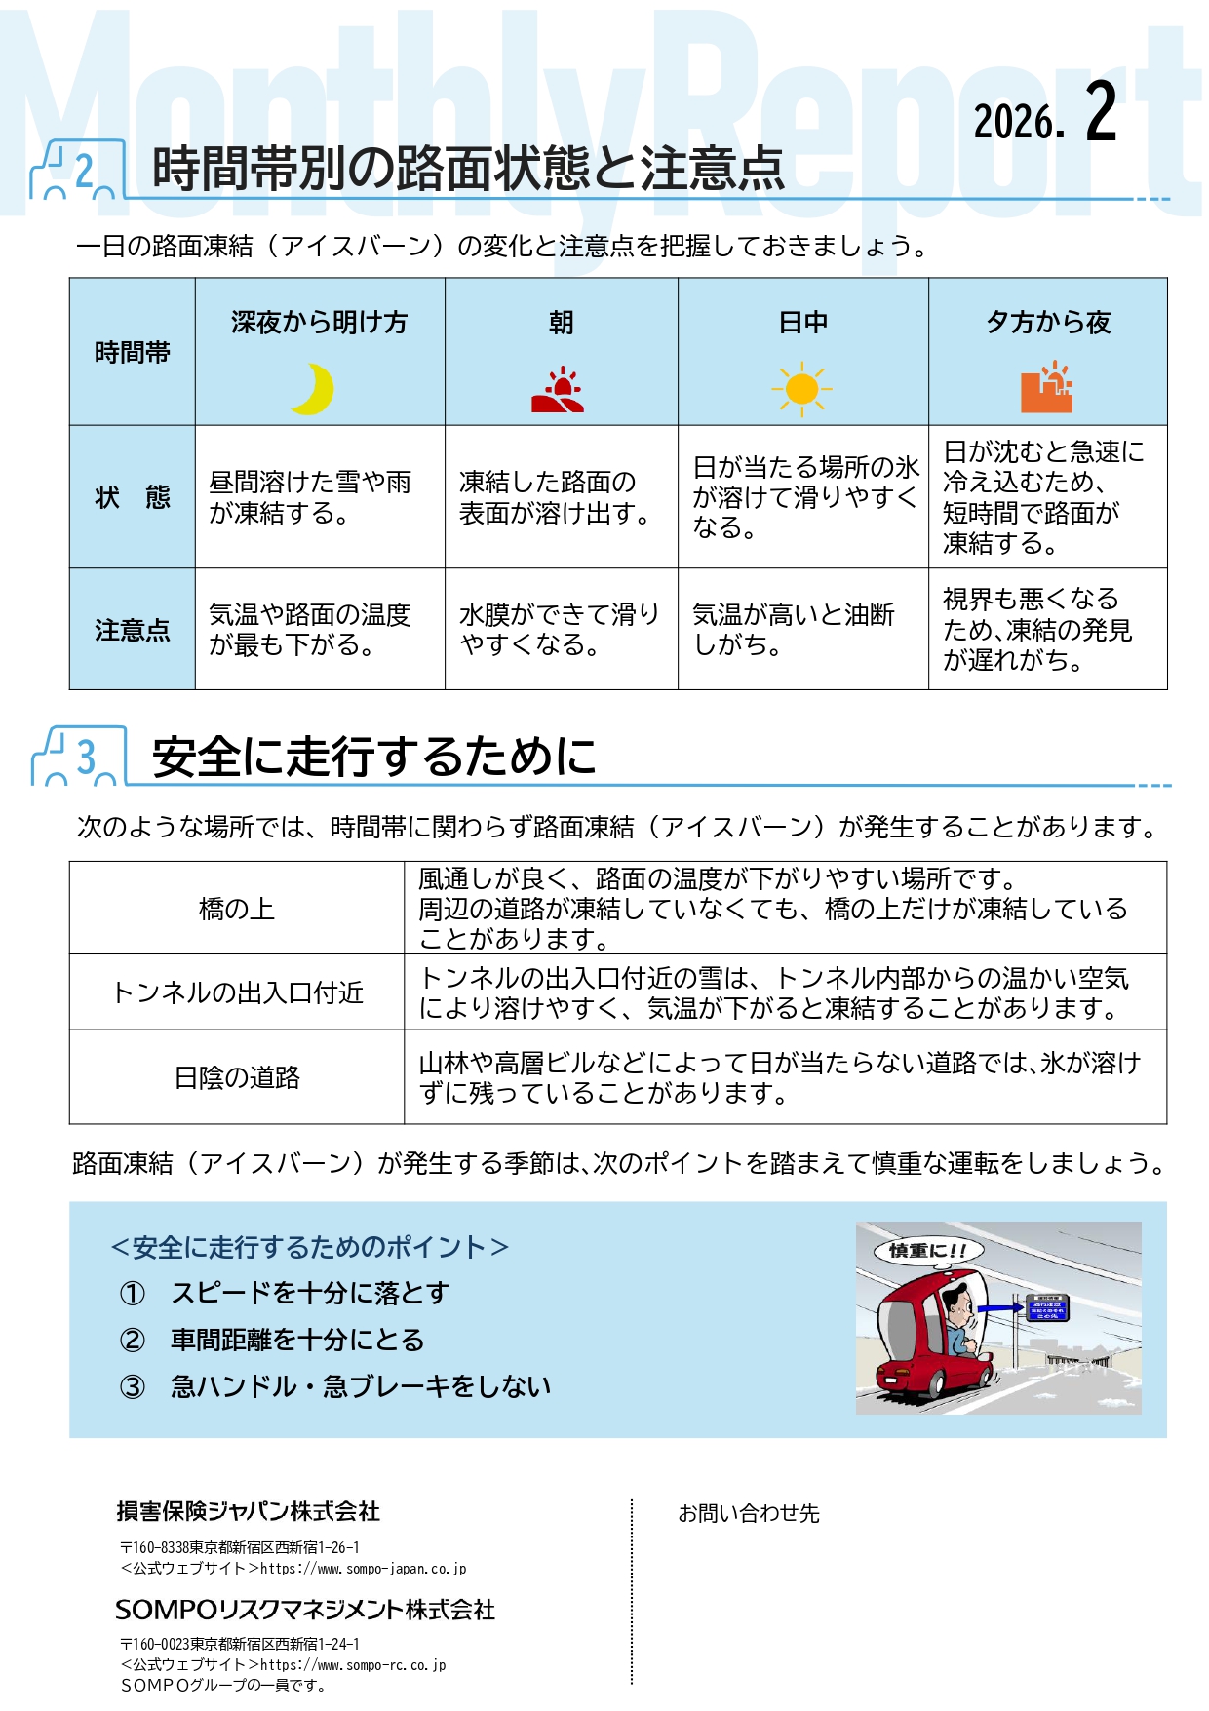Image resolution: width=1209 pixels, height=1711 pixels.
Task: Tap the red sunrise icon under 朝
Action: click(x=558, y=390)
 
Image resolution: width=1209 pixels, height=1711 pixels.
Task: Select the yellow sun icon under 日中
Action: click(x=802, y=389)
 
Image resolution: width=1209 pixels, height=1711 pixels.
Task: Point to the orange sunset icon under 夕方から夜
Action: click(x=1047, y=387)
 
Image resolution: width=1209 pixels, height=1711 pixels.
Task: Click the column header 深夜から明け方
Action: click(x=320, y=323)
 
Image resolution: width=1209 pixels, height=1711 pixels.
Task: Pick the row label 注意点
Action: click(x=133, y=630)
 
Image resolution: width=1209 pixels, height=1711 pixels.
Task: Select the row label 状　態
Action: click(x=133, y=497)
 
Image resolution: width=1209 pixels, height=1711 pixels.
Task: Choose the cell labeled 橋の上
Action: click(x=237, y=909)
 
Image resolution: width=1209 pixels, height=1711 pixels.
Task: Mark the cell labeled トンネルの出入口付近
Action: click(x=237, y=992)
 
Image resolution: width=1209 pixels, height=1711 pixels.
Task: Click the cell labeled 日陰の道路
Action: click(x=237, y=1077)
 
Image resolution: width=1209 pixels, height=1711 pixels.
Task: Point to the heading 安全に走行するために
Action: click(x=374, y=757)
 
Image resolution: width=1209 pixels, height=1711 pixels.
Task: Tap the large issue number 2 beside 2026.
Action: click(x=1101, y=111)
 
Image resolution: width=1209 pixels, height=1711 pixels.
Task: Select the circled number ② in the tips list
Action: click(x=133, y=1340)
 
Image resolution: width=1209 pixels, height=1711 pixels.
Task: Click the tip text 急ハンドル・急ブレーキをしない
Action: click(x=361, y=1386)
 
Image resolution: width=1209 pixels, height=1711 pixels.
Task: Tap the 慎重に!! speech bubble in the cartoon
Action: click(x=928, y=1250)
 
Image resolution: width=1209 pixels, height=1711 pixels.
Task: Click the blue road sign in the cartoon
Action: click(x=1048, y=1307)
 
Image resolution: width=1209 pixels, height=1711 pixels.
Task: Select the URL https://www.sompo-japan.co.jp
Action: click(x=363, y=1569)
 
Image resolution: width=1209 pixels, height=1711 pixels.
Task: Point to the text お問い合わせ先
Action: click(x=749, y=1513)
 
